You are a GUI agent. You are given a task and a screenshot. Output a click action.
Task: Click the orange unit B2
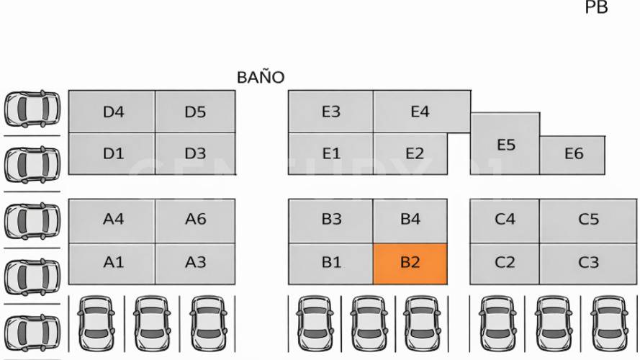click(410, 263)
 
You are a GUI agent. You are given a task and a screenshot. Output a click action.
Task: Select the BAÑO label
click(261, 77)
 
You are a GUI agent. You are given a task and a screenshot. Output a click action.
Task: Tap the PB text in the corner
click(596, 8)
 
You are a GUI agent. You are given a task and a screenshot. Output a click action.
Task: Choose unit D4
click(112, 112)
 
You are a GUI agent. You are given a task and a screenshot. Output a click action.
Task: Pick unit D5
click(195, 112)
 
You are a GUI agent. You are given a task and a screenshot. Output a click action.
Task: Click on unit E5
click(505, 144)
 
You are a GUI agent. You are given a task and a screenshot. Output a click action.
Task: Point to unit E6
click(574, 153)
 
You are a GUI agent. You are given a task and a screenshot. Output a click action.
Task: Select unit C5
click(588, 220)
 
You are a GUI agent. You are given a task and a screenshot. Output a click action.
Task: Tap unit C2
click(505, 263)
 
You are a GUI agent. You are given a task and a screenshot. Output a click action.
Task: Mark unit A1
click(112, 263)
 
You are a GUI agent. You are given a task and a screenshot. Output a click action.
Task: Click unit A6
click(195, 220)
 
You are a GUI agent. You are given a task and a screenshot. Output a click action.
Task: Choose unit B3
click(330, 220)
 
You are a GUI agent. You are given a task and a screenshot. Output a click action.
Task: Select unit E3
click(330, 112)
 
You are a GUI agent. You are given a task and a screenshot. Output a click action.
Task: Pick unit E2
click(414, 153)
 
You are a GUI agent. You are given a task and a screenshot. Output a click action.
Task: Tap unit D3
click(195, 153)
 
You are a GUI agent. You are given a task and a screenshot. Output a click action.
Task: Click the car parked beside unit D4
click(32, 108)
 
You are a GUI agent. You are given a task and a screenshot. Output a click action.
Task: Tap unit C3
click(588, 263)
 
